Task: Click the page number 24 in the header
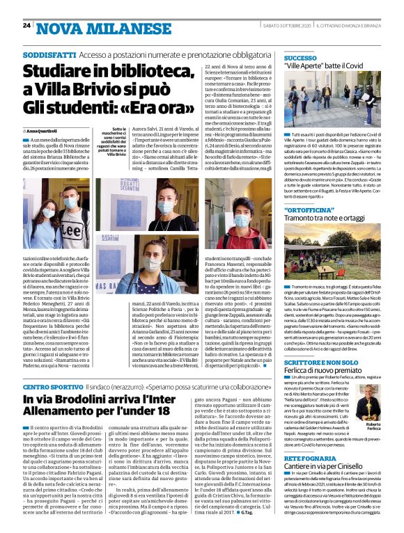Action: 26,25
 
